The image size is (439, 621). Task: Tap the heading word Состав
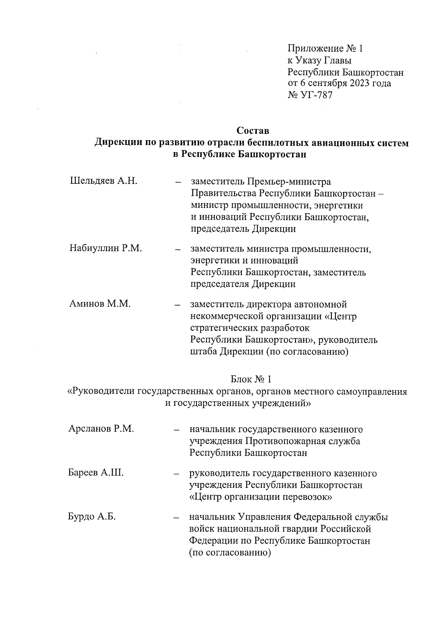[253, 131]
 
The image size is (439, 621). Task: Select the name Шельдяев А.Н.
[104, 181]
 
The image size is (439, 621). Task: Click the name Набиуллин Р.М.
[106, 248]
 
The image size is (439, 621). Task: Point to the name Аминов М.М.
[100, 304]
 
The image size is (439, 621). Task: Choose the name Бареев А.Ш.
[96, 473]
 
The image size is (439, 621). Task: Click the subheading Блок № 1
[251, 379]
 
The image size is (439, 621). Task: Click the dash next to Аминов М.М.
[178, 305]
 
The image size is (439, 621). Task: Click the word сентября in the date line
[323, 83]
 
